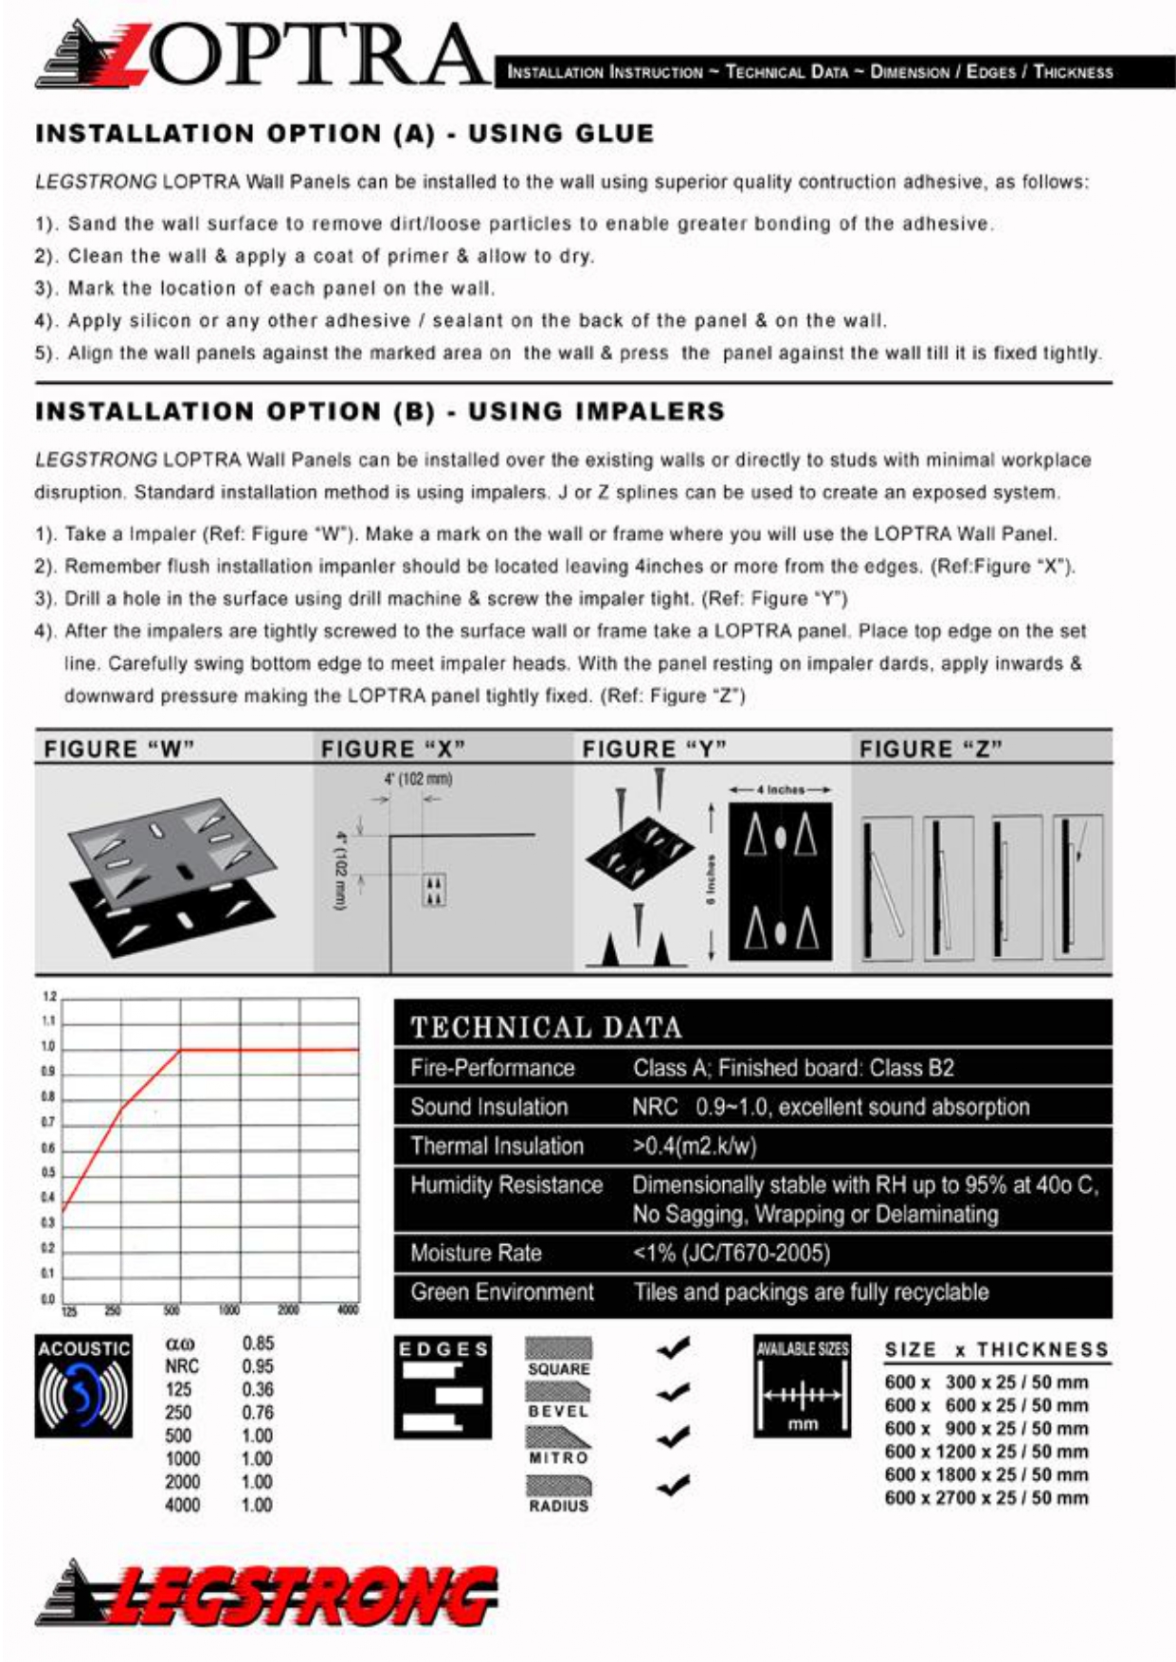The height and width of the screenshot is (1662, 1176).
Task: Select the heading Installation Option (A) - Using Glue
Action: (x=344, y=134)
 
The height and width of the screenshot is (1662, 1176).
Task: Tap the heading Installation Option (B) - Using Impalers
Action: (x=379, y=411)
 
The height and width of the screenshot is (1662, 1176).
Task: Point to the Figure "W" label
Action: (x=118, y=749)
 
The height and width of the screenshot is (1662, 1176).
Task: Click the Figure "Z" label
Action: (x=930, y=749)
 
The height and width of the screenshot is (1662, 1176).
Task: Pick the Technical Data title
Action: (x=546, y=1027)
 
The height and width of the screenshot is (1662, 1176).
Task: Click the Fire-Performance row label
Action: (x=492, y=1068)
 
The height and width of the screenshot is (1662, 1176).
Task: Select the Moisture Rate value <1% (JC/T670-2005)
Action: (x=731, y=1253)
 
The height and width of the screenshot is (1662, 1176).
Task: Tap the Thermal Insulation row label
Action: (x=497, y=1146)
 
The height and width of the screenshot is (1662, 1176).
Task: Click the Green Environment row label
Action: (x=501, y=1292)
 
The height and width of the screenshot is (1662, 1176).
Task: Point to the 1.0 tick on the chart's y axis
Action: (x=47, y=1047)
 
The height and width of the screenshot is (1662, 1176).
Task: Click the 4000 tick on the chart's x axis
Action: (x=348, y=1310)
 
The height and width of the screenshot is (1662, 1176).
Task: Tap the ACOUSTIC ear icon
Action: (x=83, y=1385)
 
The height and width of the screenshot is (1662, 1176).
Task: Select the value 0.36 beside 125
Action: (x=257, y=1389)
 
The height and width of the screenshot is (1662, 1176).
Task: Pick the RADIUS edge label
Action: (x=558, y=1506)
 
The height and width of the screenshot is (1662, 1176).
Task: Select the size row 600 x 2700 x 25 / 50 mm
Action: (x=986, y=1498)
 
